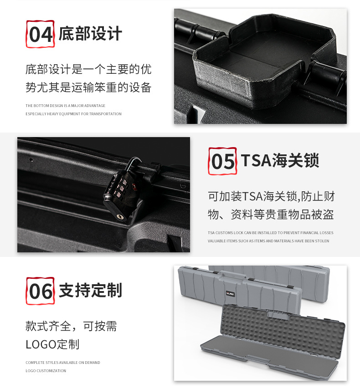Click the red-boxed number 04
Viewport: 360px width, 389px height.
point(40,34)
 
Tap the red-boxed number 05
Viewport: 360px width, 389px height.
point(222,161)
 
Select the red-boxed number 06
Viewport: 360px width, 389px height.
point(40,291)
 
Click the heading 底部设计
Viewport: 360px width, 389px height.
point(90,34)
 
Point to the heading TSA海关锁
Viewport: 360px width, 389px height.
point(280,160)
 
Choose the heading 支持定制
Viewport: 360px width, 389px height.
point(90,290)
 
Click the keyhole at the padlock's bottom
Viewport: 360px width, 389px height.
point(120,217)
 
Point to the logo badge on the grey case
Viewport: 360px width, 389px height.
point(231,294)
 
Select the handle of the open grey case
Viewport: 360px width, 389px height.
point(279,315)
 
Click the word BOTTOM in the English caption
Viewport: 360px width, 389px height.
point(41,106)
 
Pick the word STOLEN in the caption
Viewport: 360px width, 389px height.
point(322,241)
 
